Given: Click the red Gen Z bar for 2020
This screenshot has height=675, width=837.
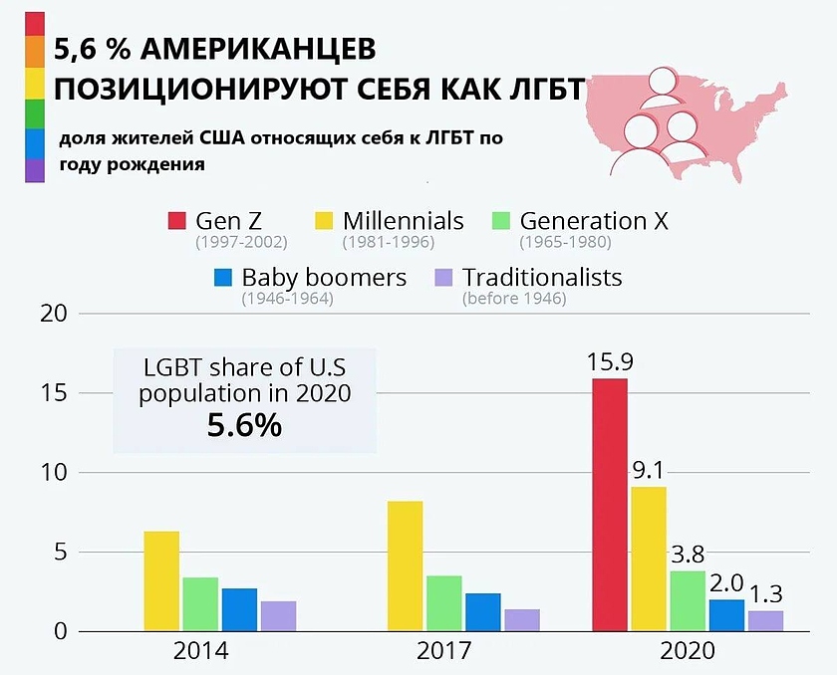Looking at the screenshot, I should [x=610, y=505].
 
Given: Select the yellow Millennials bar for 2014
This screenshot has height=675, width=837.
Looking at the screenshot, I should [x=161, y=581].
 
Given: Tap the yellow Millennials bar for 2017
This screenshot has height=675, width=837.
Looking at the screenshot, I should [x=405, y=566].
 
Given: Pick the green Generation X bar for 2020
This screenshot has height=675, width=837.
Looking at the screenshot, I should [x=688, y=601].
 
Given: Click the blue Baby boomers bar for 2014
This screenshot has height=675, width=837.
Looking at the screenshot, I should [x=239, y=609].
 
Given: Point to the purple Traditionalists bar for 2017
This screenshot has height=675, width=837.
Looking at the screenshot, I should [x=521, y=620].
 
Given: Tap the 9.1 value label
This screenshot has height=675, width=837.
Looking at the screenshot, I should [x=650, y=470].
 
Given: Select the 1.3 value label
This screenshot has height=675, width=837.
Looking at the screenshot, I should [x=766, y=594].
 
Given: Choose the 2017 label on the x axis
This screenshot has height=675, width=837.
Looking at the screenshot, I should [x=443, y=652].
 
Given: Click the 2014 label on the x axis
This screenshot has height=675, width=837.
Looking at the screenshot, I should [x=200, y=652].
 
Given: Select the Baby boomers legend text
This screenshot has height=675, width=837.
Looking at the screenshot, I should [x=324, y=277].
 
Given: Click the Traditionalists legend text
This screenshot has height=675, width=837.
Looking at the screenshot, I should [x=542, y=277].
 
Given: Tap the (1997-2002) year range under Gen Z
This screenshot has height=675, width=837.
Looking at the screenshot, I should [x=241, y=242].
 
